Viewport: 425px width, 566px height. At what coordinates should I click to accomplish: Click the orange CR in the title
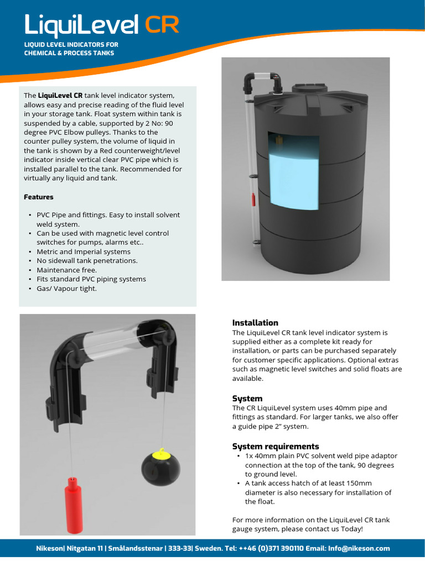point(162,25)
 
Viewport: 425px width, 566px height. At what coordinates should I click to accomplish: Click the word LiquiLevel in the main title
point(82,25)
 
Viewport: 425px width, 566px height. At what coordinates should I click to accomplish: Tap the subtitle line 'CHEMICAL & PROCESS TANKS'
point(69,53)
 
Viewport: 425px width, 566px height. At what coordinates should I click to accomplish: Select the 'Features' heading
point(39,197)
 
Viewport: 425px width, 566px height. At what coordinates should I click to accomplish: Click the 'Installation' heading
point(255,323)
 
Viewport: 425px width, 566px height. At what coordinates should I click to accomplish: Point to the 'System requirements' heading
point(276,446)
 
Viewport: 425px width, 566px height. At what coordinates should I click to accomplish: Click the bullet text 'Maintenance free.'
point(66,270)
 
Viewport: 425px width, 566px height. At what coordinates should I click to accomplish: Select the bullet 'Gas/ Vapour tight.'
point(66,289)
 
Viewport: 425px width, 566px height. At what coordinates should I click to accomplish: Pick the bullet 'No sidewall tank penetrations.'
point(87,260)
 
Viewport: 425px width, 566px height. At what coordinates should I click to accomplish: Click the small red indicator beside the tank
point(253,200)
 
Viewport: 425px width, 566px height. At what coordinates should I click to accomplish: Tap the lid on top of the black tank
point(308,88)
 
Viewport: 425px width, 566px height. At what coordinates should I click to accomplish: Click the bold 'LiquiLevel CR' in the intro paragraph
point(60,96)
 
